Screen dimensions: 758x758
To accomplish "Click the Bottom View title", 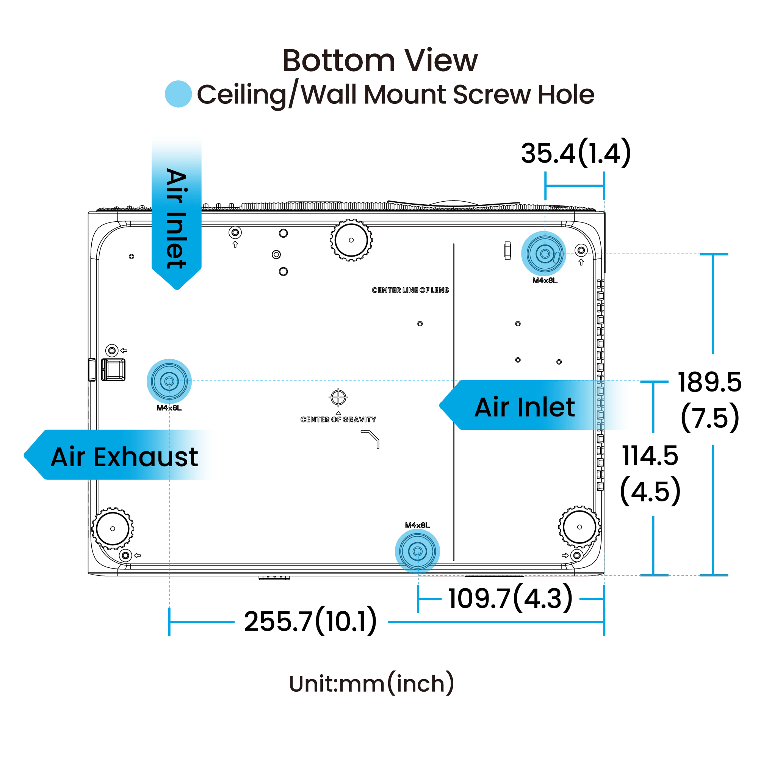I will click(x=380, y=61).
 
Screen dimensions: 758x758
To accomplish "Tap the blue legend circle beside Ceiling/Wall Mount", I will click(x=178, y=94).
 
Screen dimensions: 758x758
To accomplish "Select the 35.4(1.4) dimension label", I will click(x=576, y=153).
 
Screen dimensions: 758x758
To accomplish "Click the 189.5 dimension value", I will click(x=709, y=382).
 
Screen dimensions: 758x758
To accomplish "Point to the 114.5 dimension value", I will click(x=650, y=456).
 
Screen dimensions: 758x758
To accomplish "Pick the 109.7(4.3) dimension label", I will click(x=510, y=599).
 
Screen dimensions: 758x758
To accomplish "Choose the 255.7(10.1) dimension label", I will click(x=310, y=622).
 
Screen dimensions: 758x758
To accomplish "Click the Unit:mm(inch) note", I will click(x=371, y=683).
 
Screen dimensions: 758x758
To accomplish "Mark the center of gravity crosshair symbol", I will click(x=338, y=398).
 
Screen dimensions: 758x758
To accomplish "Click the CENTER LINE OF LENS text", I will click(x=410, y=290).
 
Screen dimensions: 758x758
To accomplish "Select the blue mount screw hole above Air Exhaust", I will click(x=169, y=381).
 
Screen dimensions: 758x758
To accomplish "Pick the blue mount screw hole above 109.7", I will click(x=417, y=551).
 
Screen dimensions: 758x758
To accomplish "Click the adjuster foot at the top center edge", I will click(x=351, y=240).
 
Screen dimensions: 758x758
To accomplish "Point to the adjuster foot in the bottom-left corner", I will click(x=113, y=528).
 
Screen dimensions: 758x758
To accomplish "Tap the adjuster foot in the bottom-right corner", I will click(x=579, y=527).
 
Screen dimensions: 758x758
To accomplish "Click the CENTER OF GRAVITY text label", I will click(x=338, y=420).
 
